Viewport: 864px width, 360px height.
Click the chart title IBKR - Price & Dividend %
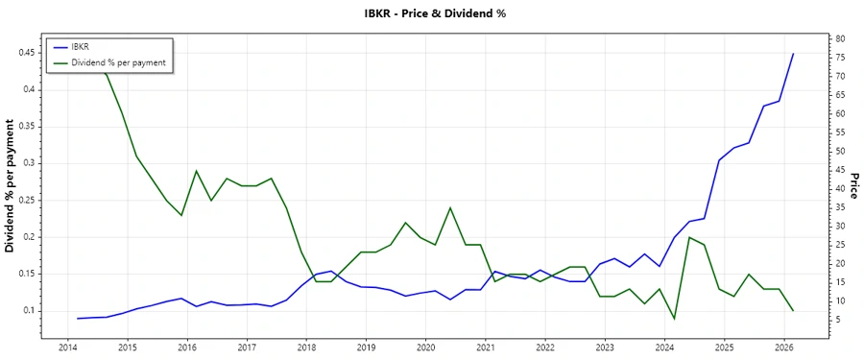[x=431, y=13]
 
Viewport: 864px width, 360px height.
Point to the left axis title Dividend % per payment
[x=11, y=186]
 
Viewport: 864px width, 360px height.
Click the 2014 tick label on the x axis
[x=67, y=347]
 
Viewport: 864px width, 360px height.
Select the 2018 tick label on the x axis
[x=306, y=347]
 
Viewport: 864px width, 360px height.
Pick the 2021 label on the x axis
[x=485, y=347]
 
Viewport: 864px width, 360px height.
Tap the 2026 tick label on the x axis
[x=783, y=347]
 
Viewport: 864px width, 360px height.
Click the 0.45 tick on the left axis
[x=25, y=53]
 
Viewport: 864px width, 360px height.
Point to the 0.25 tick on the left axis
[x=25, y=200]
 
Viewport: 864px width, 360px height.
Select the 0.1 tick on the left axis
[x=29, y=311]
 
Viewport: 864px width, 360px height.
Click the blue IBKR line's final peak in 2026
[x=793, y=54]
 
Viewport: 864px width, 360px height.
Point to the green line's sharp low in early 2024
[x=674, y=318]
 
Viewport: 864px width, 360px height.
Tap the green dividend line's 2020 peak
[x=450, y=207]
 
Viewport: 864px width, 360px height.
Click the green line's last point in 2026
[x=793, y=311]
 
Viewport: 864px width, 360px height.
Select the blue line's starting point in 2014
[x=78, y=318]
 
